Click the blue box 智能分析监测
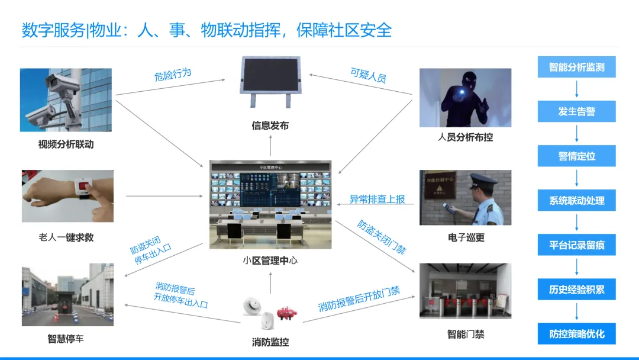pyautogui.click(x=576, y=67)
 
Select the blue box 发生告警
pyautogui.click(x=576, y=111)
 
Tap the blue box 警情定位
pyautogui.click(x=576, y=156)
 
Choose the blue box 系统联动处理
pyautogui.click(x=576, y=200)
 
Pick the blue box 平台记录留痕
pyautogui.click(x=576, y=245)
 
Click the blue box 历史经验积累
pyautogui.click(x=576, y=289)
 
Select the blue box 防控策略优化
pyautogui.click(x=576, y=333)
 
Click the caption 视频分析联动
pyautogui.click(x=66, y=144)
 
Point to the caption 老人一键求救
pyautogui.click(x=66, y=237)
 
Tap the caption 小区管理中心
pyautogui.click(x=270, y=259)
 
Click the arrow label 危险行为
pyautogui.click(x=173, y=75)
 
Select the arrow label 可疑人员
pyautogui.click(x=368, y=75)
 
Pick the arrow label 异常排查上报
pyautogui.click(x=377, y=200)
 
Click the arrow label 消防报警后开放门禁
pyautogui.click(x=359, y=299)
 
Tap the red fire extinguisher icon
pyautogui.click(x=286, y=313)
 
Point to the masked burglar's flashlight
pyautogui.click(x=460, y=91)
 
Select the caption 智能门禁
pyautogui.click(x=465, y=335)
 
